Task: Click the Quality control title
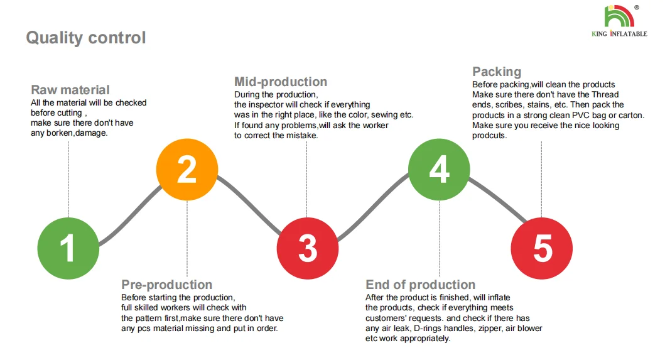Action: coord(86,38)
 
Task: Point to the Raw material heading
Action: coord(70,90)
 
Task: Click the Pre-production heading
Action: coord(166,285)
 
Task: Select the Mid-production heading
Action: coord(281,82)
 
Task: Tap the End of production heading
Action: coord(420,285)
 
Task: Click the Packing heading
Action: coord(497,72)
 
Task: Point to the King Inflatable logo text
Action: coord(619,34)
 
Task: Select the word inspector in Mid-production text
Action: coord(273,105)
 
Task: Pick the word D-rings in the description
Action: coord(433,328)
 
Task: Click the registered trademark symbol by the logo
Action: coord(637,8)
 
